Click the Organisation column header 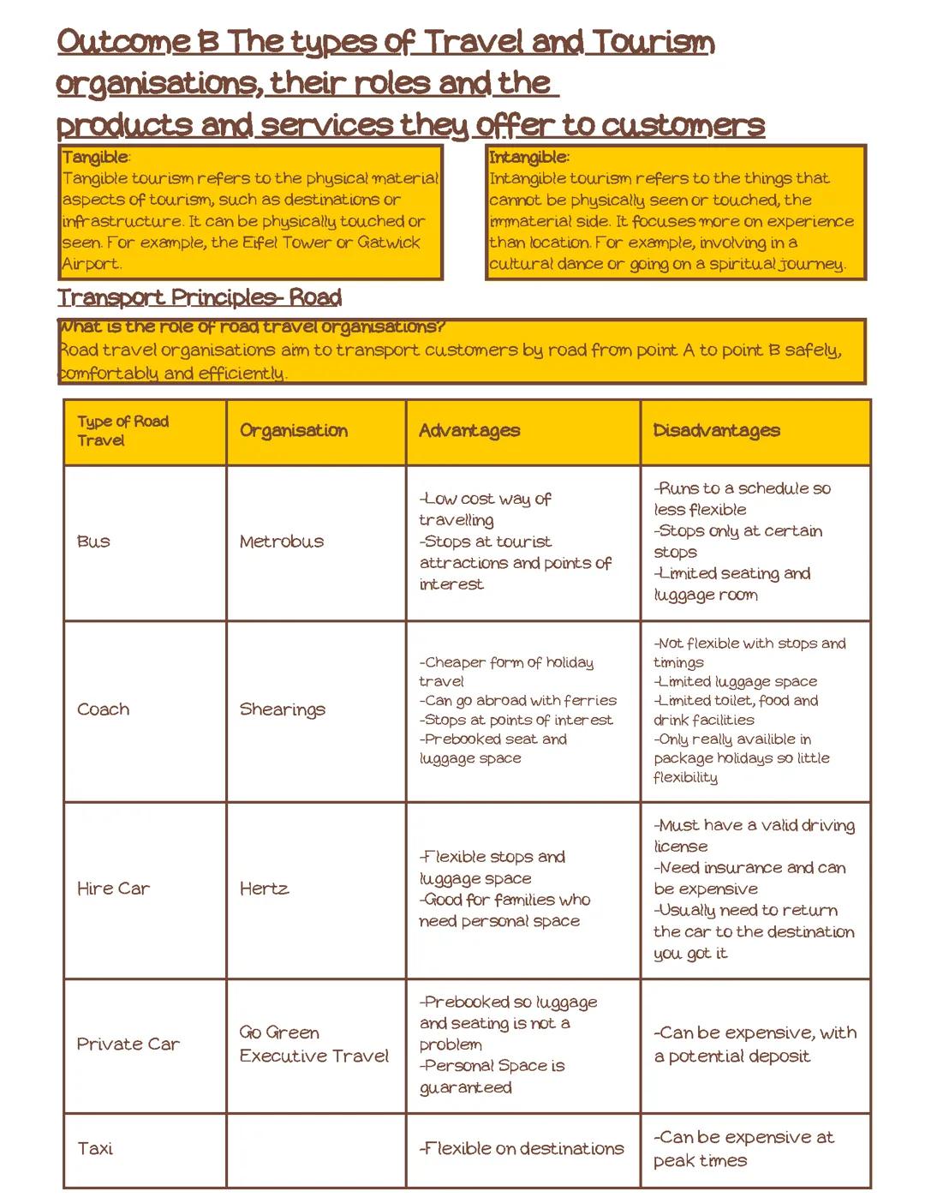[294, 431]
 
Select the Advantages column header [469, 431]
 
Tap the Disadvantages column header [716, 431]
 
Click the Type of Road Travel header [122, 431]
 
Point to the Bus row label [93, 542]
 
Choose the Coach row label [104, 709]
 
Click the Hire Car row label [113, 889]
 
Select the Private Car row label [128, 1044]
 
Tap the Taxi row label [95, 1149]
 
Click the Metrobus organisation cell [282, 542]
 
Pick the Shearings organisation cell [283, 709]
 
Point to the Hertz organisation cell [264, 889]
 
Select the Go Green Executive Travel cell [313, 1044]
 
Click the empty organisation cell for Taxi [316, 1149]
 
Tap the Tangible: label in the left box [96, 158]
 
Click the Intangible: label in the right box [528, 158]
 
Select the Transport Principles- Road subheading [200, 298]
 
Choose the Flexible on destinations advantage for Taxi [522, 1149]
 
